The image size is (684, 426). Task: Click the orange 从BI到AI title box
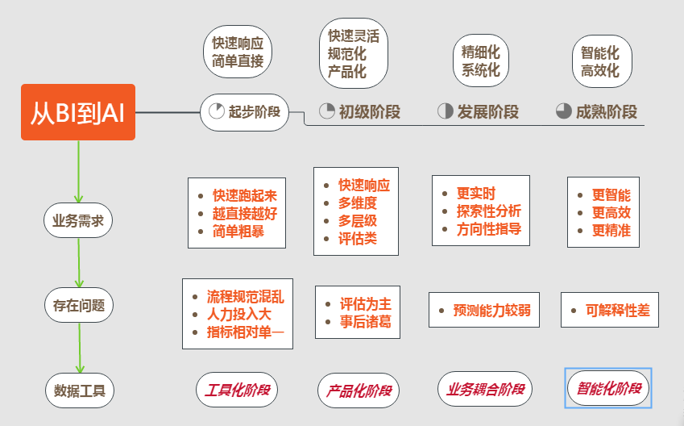coord(77,112)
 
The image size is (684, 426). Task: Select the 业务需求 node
coord(78,221)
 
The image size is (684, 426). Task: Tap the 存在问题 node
coord(78,306)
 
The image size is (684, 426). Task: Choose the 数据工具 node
coord(78,391)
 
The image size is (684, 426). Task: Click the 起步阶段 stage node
coord(244,112)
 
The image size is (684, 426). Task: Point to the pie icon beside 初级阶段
coord(326,111)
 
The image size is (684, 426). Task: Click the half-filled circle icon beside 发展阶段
coord(445,111)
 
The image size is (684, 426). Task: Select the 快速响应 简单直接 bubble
coord(238,52)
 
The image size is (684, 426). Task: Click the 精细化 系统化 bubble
coord(480,61)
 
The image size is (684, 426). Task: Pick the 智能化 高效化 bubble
coord(599,61)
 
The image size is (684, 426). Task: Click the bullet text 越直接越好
coord(244,213)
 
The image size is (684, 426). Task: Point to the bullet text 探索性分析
coord(488,211)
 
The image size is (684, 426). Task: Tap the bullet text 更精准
coord(611,230)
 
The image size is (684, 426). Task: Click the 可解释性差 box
coord(610,310)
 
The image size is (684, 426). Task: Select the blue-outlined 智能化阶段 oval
coord(608,388)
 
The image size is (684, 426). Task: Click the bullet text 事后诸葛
coord(365,322)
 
